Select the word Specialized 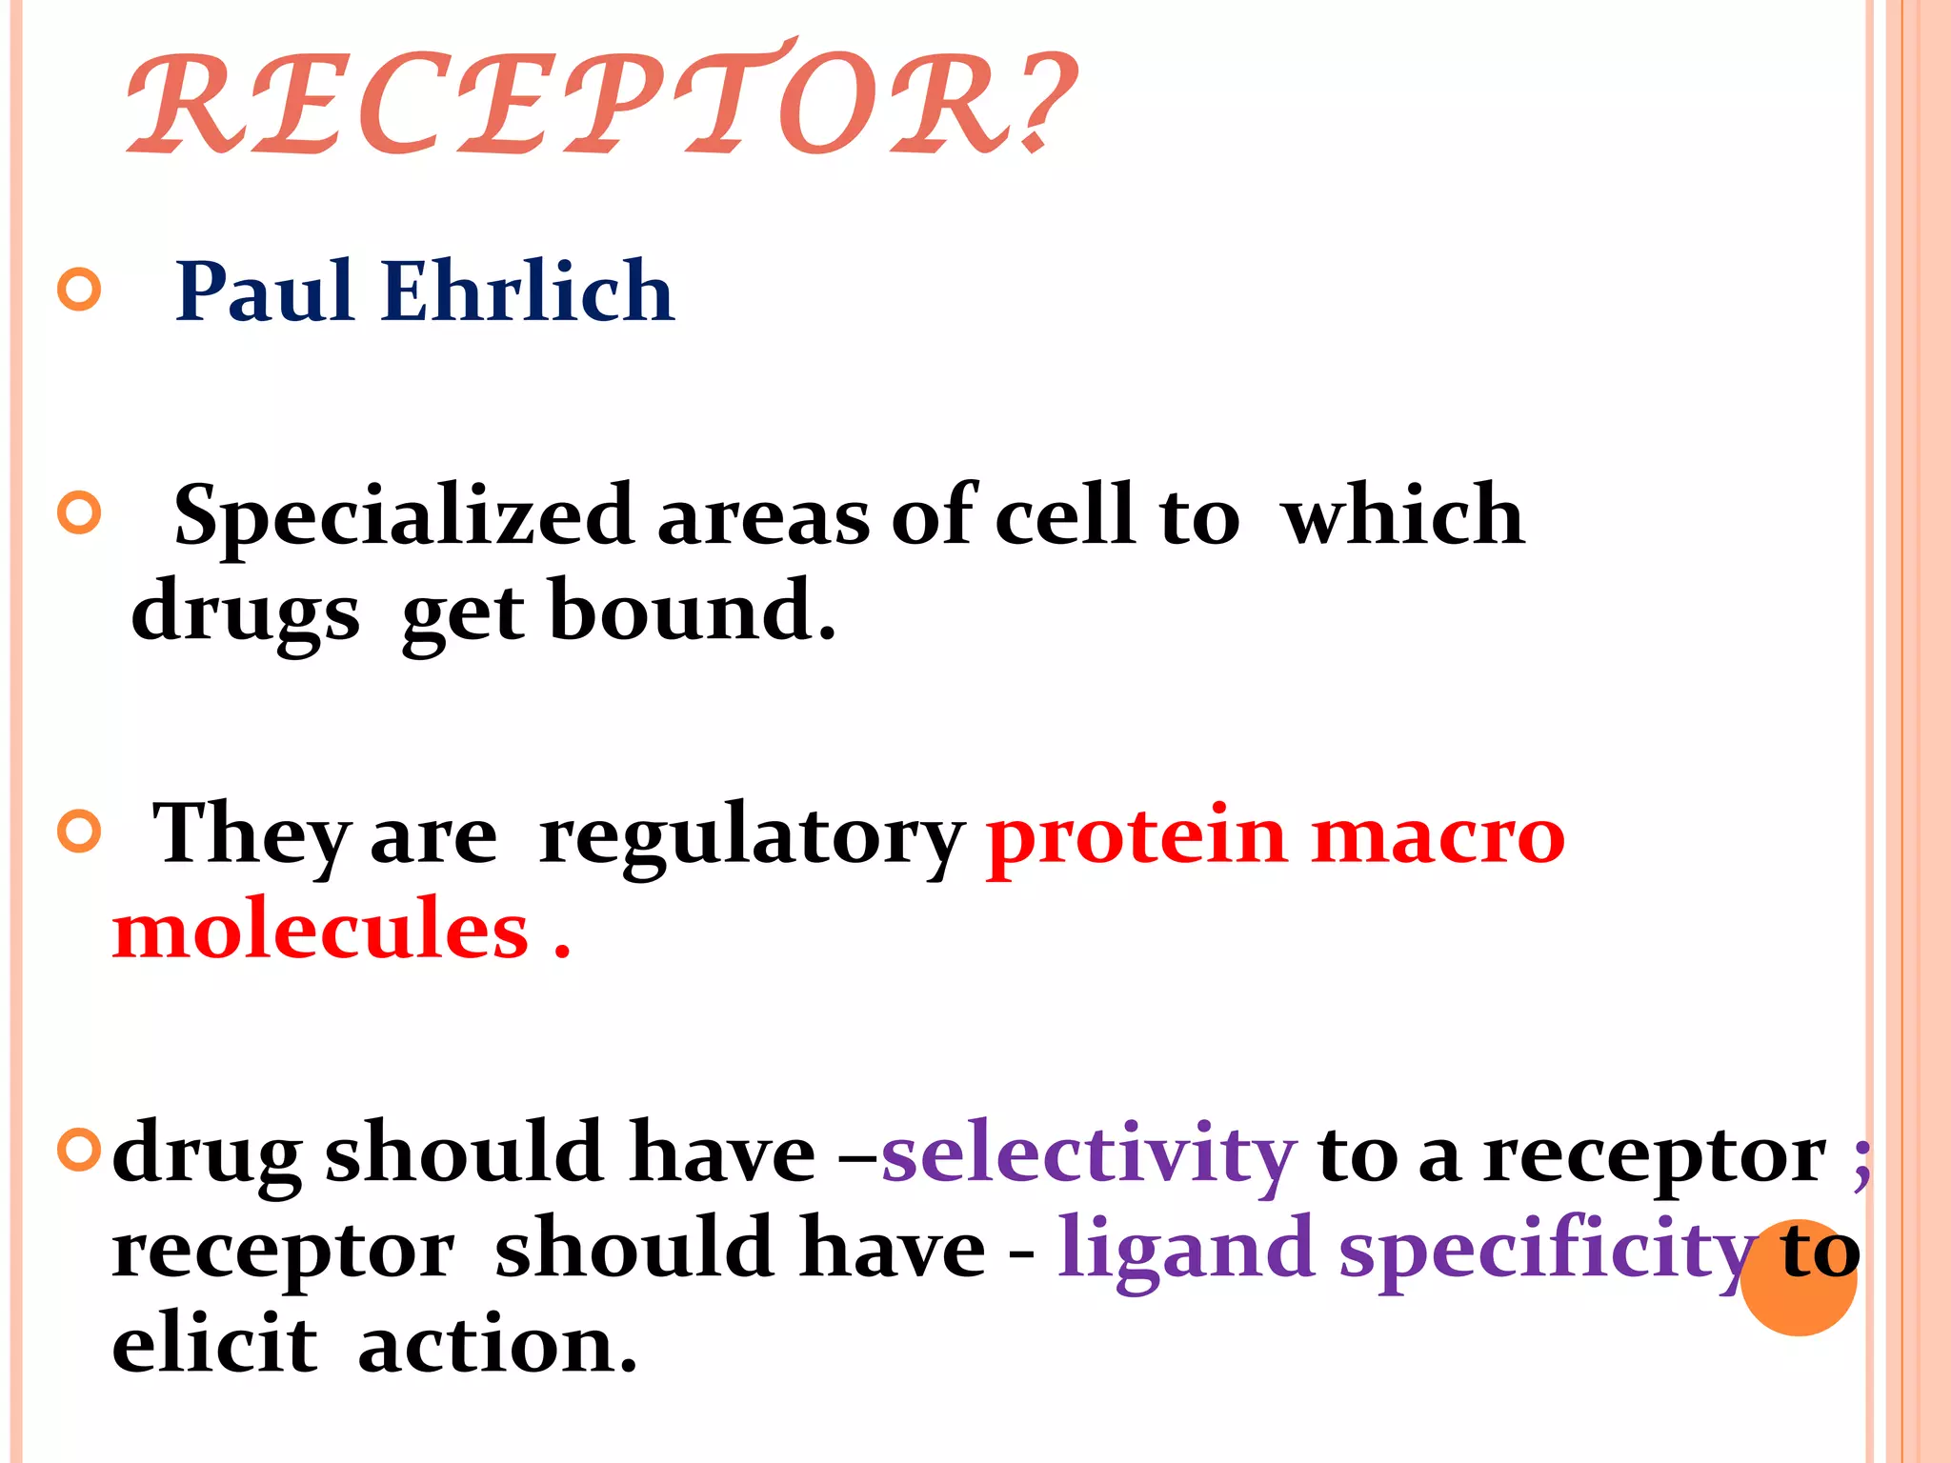click(404, 516)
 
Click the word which click(1402, 516)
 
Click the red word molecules click(320, 932)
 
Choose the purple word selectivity click(1088, 1154)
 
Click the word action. click(496, 1347)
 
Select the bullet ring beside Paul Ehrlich click(79, 290)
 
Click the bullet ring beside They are click(79, 832)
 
